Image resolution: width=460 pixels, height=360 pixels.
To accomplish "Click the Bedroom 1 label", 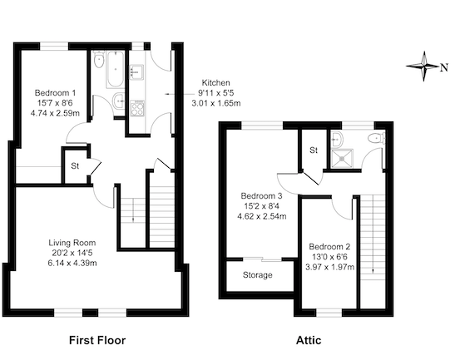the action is (55, 93).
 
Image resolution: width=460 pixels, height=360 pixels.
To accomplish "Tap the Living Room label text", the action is (72, 243).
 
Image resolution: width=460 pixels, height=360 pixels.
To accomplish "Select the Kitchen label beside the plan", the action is (216, 82).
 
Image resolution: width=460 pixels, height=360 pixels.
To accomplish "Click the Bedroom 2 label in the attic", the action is (329, 247).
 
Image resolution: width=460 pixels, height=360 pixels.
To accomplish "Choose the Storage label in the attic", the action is (258, 275).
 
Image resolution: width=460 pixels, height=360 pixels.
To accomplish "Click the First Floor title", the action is (97, 340).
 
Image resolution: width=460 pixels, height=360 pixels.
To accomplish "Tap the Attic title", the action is (309, 340).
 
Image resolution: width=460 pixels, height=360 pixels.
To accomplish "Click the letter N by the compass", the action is (444, 67).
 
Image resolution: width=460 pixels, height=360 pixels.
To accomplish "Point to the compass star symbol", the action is (423, 67).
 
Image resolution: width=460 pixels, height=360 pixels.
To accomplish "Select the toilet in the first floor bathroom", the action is (99, 60).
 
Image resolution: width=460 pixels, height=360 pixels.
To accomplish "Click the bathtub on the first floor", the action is (115, 70).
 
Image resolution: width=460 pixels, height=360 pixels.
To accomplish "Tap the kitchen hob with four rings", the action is (137, 108).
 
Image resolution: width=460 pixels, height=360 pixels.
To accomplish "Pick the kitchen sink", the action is (136, 72).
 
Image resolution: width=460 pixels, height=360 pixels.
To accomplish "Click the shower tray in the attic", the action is (342, 158).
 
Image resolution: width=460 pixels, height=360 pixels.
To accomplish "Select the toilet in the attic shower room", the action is (377, 138).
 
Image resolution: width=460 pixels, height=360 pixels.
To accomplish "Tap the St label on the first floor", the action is (75, 166).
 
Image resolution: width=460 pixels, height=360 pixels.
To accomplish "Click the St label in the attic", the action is (314, 150).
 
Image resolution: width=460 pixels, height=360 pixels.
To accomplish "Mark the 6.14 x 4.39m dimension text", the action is (72, 264).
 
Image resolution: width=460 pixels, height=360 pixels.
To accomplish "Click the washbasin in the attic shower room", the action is (336, 139).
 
